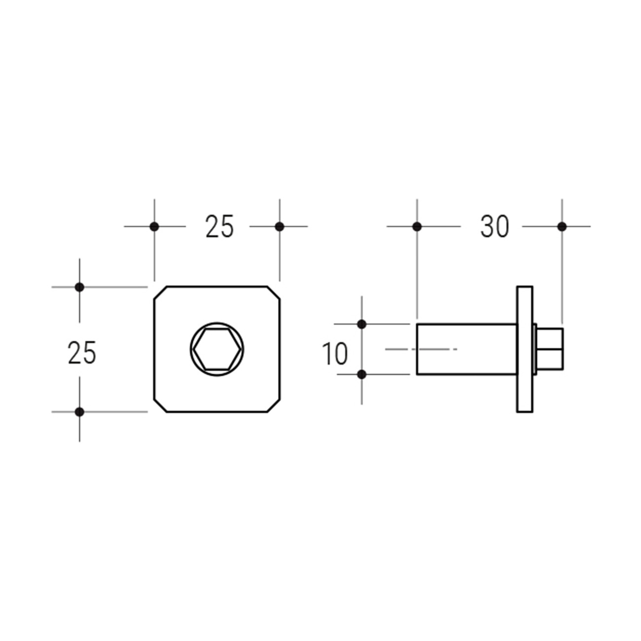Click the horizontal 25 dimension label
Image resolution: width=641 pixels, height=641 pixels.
tap(219, 226)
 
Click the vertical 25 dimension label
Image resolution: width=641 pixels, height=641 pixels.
tap(82, 352)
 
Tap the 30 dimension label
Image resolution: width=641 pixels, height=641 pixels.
tap(495, 226)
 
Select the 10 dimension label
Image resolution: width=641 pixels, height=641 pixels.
tap(335, 354)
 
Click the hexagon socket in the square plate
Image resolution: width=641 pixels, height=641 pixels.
tap(217, 349)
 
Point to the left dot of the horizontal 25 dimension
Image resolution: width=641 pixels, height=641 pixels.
tap(154, 227)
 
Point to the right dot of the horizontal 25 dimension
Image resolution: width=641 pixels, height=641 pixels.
tap(280, 227)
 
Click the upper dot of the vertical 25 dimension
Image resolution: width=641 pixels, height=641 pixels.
tap(79, 287)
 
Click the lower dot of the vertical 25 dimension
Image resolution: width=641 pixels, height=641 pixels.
tap(79, 412)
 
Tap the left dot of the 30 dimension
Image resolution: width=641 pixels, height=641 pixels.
tap(417, 227)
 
